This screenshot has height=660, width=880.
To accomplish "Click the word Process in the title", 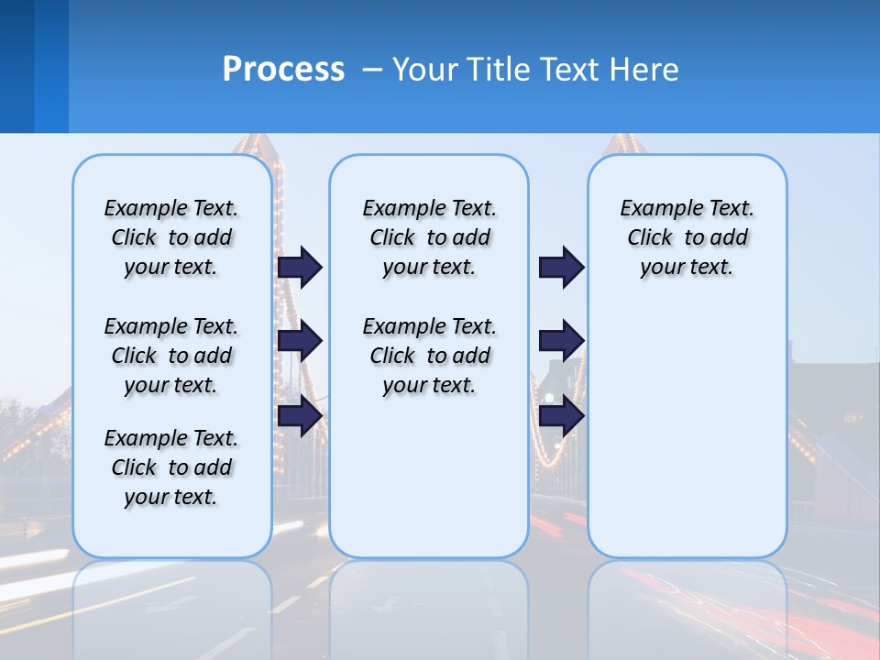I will [283, 70].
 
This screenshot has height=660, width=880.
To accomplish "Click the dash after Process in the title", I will [372, 71].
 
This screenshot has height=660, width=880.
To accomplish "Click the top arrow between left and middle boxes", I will [300, 267].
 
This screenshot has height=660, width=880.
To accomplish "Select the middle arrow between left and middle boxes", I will [300, 341].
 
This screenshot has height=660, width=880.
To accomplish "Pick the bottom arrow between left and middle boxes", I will [300, 415].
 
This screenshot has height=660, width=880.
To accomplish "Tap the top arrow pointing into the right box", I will [561, 267].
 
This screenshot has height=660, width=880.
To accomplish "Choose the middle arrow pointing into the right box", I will [561, 341].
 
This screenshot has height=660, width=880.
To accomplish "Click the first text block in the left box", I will [171, 237].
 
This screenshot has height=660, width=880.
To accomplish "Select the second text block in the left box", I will [171, 356].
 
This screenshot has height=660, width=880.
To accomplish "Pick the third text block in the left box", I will [171, 467].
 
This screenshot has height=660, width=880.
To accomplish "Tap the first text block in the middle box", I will [429, 237].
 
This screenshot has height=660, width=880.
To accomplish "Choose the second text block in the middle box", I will [429, 356].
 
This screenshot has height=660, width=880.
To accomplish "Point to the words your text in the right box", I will [687, 268].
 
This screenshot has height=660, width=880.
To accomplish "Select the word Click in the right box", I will [650, 238].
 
